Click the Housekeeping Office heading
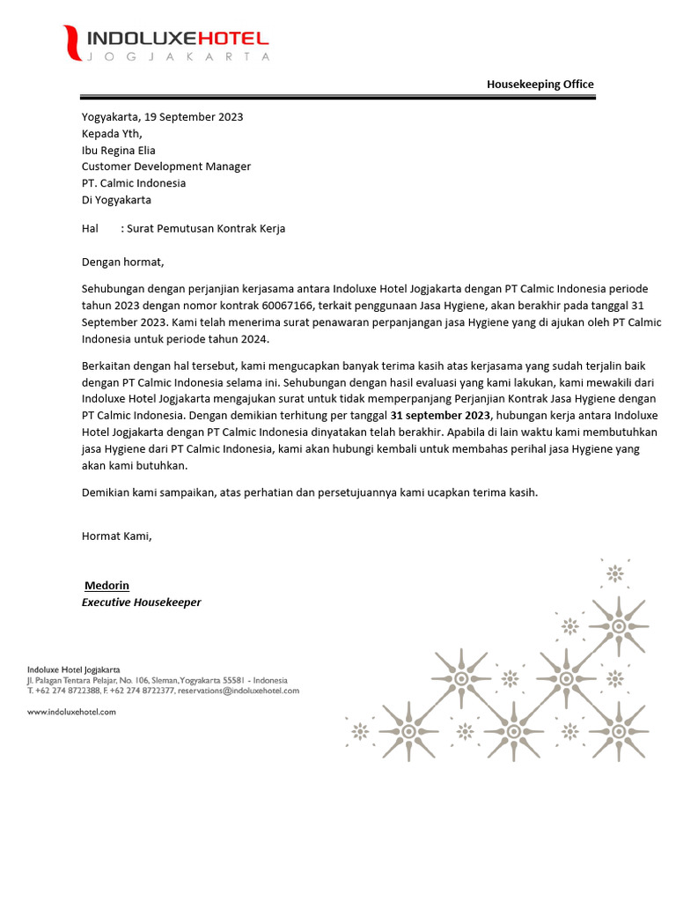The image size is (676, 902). [x=540, y=85]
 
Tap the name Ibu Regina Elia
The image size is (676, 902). [x=118, y=150]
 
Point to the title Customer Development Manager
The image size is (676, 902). [x=166, y=166]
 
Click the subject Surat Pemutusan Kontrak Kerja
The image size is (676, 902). [x=206, y=228]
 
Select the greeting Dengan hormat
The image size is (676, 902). [x=122, y=262]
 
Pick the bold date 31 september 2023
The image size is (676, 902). [x=441, y=416]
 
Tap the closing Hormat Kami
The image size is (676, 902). [x=116, y=536]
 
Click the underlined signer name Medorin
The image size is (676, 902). [x=107, y=586]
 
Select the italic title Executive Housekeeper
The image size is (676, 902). [x=141, y=603]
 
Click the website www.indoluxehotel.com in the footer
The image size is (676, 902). [x=71, y=712]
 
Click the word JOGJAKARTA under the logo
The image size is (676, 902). [x=177, y=57]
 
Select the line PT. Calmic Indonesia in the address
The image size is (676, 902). [x=134, y=183]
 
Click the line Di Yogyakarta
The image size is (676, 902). [x=118, y=200]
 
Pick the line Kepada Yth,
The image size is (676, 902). [x=111, y=133]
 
